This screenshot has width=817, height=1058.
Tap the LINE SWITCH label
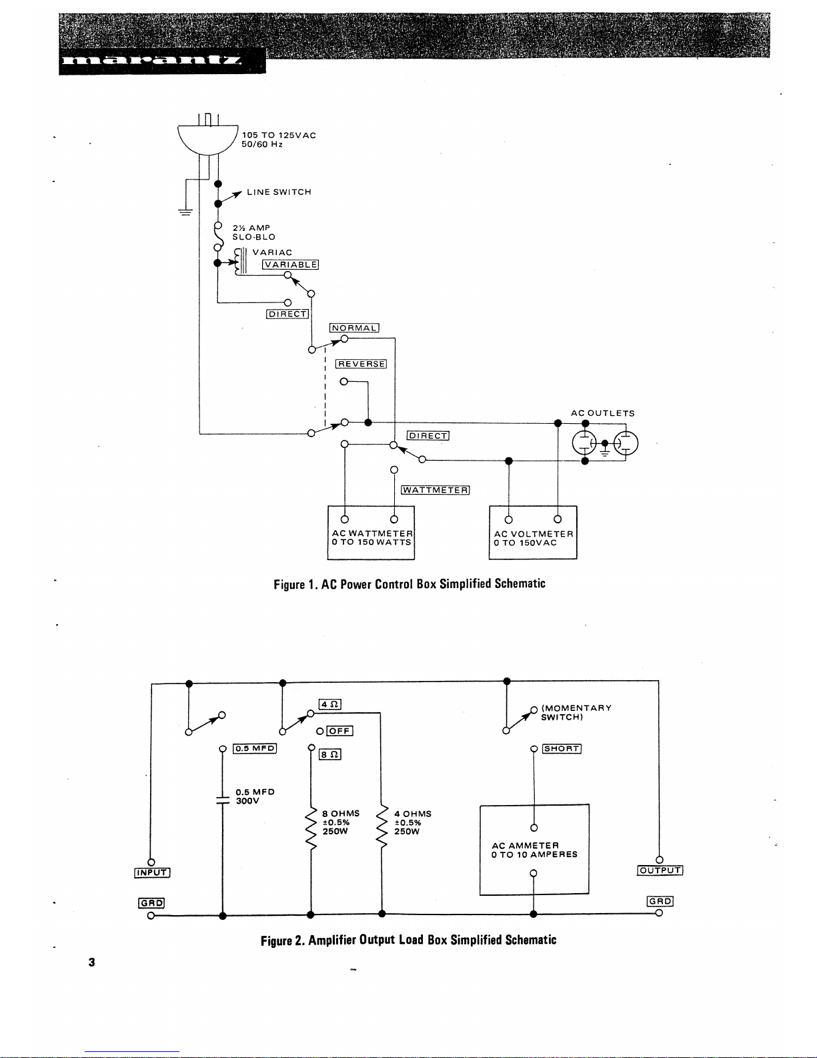[279, 192]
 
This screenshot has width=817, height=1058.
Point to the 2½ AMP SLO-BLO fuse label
[253, 232]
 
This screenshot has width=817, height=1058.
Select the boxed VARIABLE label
[290, 264]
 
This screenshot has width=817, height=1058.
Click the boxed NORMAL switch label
[354, 328]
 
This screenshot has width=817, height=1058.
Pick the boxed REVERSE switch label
[361, 364]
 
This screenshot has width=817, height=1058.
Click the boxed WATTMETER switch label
[436, 490]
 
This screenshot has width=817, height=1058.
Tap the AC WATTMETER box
[371, 533]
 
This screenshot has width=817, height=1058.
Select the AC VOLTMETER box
[533, 533]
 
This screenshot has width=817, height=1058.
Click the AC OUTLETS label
[602, 413]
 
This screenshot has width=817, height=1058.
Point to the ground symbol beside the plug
[184, 212]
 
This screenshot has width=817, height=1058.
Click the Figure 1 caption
[410, 584]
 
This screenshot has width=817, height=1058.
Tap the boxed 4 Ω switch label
[330, 704]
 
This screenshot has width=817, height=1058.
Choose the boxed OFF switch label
[339, 731]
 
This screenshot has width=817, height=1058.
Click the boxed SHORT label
[562, 748]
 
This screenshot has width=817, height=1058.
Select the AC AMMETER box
[534, 850]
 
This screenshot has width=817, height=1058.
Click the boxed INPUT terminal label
[153, 872]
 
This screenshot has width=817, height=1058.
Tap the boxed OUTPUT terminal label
[660, 870]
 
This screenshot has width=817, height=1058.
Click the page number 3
[91, 962]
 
